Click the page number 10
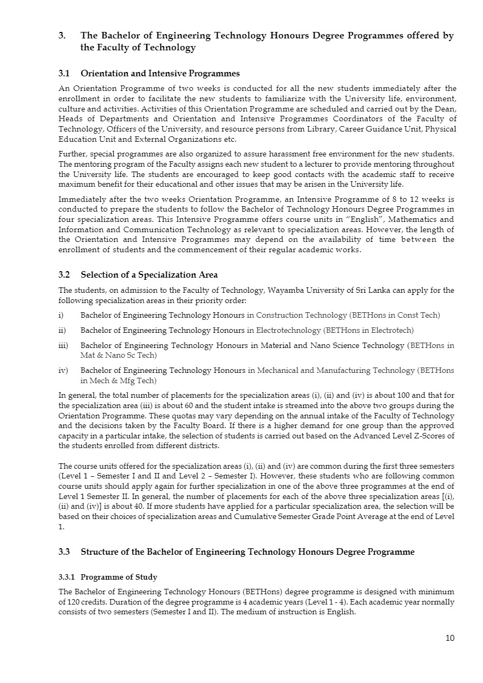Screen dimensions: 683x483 [x=450, y=638]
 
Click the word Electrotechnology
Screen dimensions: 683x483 [x=290, y=330]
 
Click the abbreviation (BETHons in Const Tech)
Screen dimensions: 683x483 [x=395, y=315]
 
